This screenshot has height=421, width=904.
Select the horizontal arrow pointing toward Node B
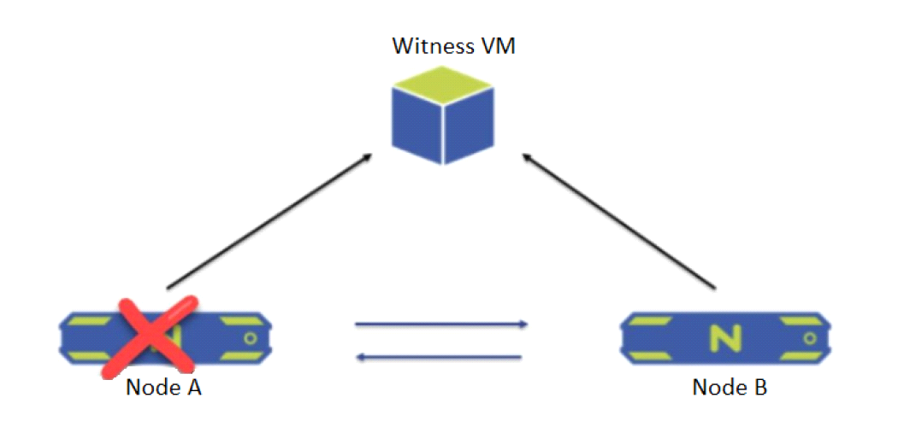coord(441,325)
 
